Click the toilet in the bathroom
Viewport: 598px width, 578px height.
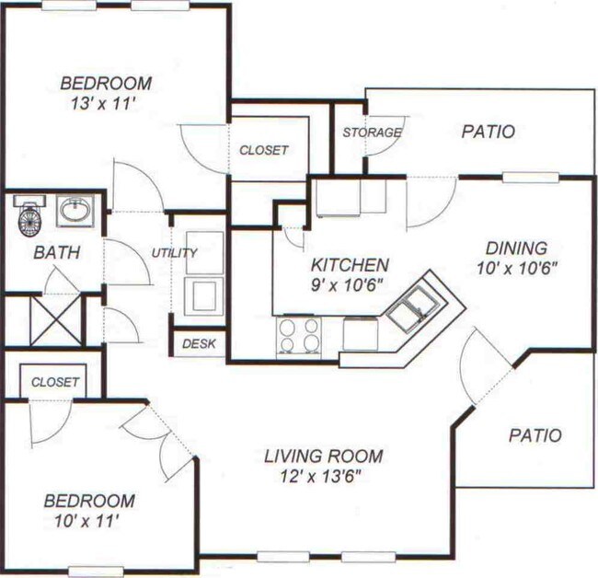pos(30,217)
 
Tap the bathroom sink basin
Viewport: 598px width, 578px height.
pos(74,211)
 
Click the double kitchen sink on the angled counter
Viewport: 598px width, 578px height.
pos(413,308)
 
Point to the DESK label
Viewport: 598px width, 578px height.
pos(198,343)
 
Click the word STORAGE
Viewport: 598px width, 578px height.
pos(372,133)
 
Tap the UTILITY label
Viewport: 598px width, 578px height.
pos(175,253)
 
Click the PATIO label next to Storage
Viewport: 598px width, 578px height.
pos(487,132)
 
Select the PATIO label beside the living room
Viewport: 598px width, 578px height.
pos(535,435)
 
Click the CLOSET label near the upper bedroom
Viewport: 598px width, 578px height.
pos(264,150)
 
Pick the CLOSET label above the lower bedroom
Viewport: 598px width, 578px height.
pos(55,381)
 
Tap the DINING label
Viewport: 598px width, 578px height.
pos(516,248)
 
